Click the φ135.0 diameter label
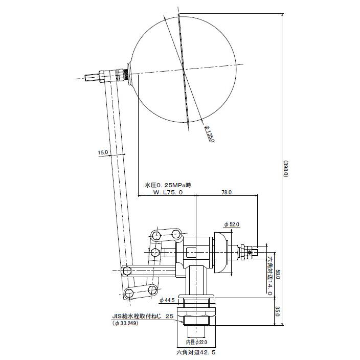coord(210,133)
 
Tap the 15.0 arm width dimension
coord(103,152)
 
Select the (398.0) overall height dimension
coord(286,169)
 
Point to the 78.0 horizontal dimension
coord(227,192)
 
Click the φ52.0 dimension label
coord(232,224)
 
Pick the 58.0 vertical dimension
coord(277,275)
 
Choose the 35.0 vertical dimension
coord(277,311)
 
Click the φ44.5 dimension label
coord(167,300)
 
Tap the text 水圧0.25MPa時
coord(168,185)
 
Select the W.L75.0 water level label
coord(168,192)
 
